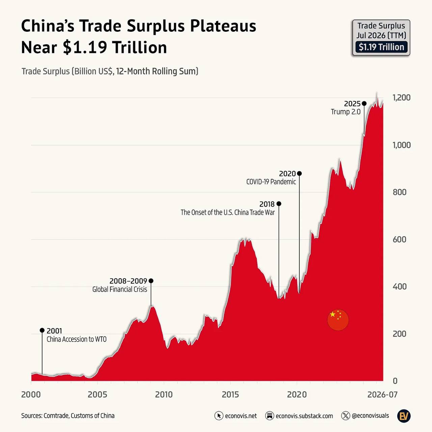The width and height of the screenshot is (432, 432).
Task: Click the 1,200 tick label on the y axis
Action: pos(402,98)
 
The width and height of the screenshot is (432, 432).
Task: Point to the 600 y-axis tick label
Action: pos(400,239)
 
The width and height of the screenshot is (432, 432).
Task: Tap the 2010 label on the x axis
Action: pos(164,395)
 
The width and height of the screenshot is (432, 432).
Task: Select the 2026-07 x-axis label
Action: pos(382,395)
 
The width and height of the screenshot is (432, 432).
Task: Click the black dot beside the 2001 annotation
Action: pos(42,330)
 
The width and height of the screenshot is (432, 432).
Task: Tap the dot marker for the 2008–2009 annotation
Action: pos(151,281)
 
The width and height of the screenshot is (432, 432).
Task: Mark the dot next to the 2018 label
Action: pos(279,204)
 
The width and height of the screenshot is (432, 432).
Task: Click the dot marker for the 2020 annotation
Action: pos(299,173)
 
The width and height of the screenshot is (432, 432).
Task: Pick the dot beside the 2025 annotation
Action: pos(364,104)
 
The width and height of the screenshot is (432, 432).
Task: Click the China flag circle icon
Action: pos(338,320)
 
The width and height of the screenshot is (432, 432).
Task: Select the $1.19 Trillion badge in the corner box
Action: pos(381,47)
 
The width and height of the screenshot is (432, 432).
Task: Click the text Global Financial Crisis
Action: pos(120,290)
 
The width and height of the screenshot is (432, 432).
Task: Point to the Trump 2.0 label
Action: pos(346,112)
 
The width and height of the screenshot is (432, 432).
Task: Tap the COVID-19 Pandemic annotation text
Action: pos(271,182)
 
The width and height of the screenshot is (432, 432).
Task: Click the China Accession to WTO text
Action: pos(77,339)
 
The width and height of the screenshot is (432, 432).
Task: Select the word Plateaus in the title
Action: pos(223,26)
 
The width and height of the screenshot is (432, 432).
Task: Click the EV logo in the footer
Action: pos(404,416)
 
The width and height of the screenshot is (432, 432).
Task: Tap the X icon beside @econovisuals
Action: pos(346,416)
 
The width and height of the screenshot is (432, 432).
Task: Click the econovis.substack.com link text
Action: pos(304,416)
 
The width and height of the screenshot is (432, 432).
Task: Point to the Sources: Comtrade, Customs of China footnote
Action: pos(68,416)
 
